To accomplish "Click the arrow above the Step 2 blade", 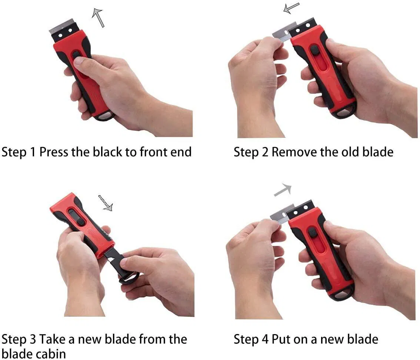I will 291,8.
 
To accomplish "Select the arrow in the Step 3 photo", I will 105,203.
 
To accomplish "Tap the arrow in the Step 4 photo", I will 283,190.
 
